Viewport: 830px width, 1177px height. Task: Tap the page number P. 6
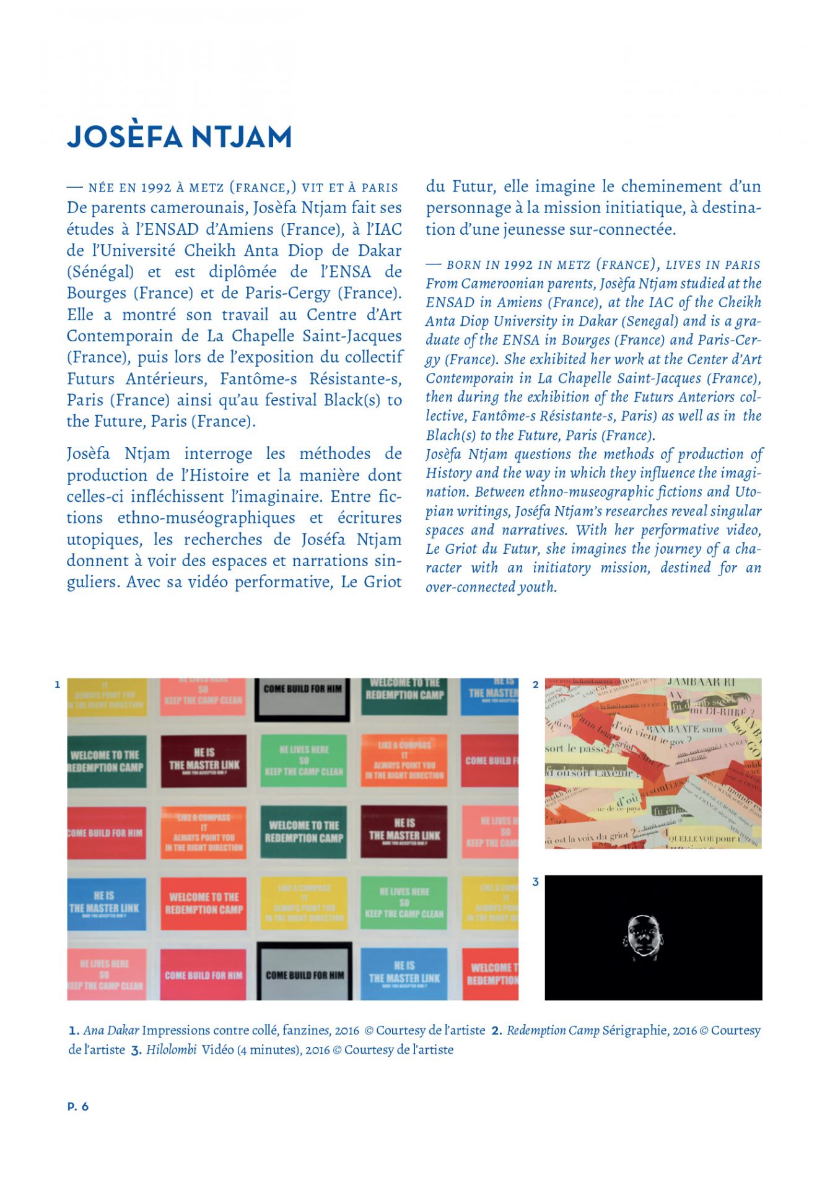pos(78,1106)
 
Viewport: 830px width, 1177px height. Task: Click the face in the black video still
pos(644,937)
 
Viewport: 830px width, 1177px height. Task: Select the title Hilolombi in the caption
pos(172,1049)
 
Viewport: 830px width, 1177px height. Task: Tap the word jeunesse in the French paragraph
pos(538,230)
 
